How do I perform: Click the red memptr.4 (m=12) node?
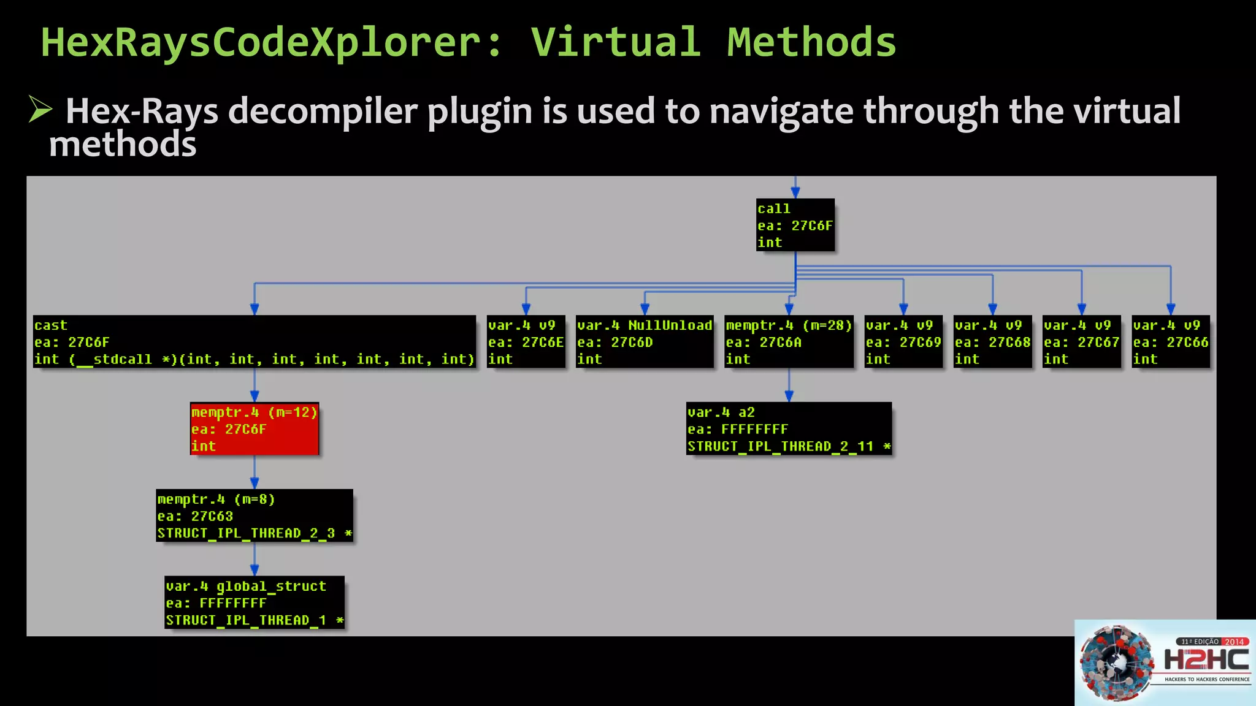(x=255, y=429)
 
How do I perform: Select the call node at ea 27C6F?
(x=795, y=225)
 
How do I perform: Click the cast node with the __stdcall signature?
(x=255, y=342)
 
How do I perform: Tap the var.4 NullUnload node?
(x=645, y=342)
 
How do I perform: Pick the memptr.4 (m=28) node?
(x=789, y=342)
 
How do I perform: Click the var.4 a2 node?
(x=789, y=429)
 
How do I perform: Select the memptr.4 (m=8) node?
(x=255, y=516)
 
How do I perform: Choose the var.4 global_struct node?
(x=255, y=603)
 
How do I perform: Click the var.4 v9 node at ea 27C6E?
(x=526, y=342)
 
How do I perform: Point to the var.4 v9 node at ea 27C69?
(x=903, y=342)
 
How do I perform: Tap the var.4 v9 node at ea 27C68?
(x=992, y=342)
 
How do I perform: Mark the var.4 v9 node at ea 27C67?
(x=1082, y=342)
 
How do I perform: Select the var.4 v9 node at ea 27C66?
(x=1171, y=342)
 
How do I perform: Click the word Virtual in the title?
(x=615, y=43)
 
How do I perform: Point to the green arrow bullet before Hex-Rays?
(x=40, y=110)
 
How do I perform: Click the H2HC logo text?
(x=1206, y=661)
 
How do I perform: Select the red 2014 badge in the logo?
(x=1235, y=642)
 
